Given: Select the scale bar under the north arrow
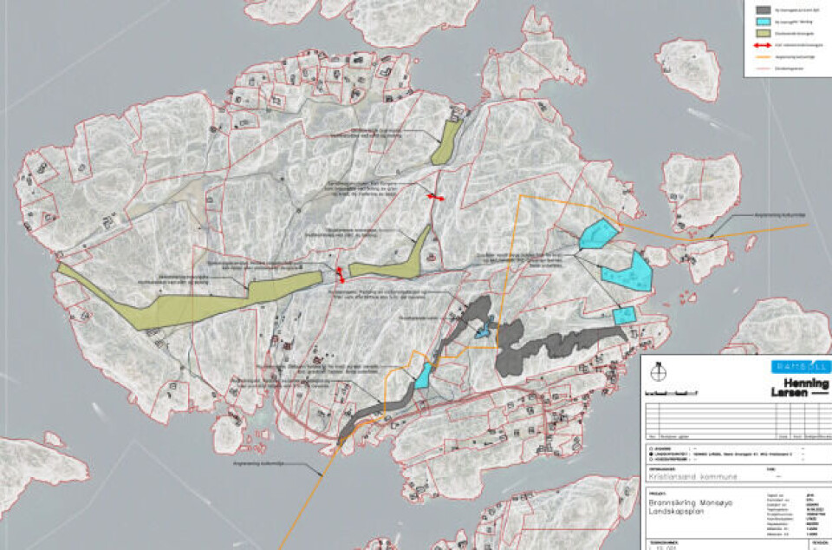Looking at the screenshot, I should (x=673, y=393).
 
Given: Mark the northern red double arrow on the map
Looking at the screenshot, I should (x=435, y=198).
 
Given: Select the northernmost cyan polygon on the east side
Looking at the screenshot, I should (x=598, y=234).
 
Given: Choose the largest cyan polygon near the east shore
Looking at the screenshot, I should (x=627, y=271).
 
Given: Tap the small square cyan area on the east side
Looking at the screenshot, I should (x=623, y=316).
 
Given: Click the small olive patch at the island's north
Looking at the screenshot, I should (x=447, y=142).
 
